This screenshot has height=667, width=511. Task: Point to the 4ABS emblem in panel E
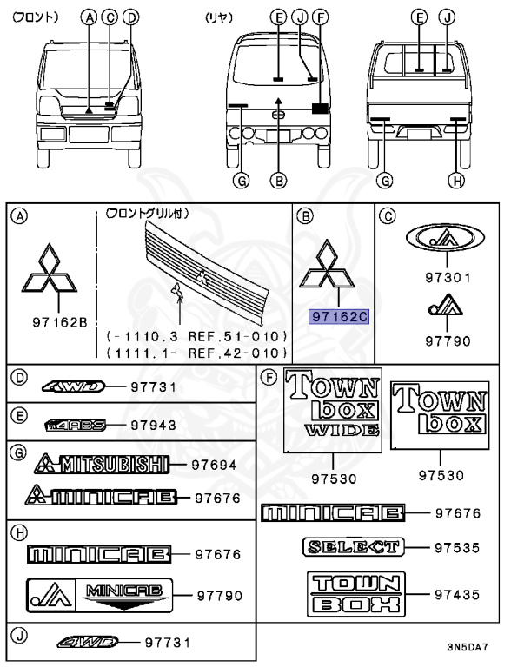(77, 425)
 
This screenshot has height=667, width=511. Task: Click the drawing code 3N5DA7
(468, 647)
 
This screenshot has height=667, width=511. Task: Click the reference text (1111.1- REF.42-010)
(195, 352)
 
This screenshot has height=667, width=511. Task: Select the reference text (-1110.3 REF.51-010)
(195, 335)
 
